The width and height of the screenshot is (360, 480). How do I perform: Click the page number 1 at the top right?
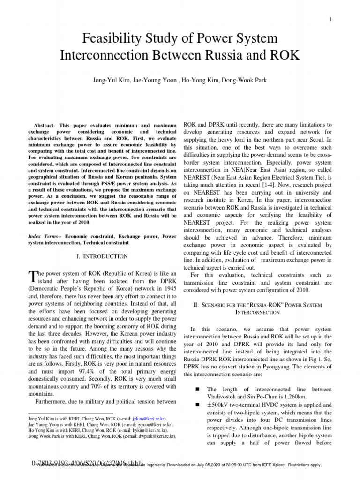tap(330, 19)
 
